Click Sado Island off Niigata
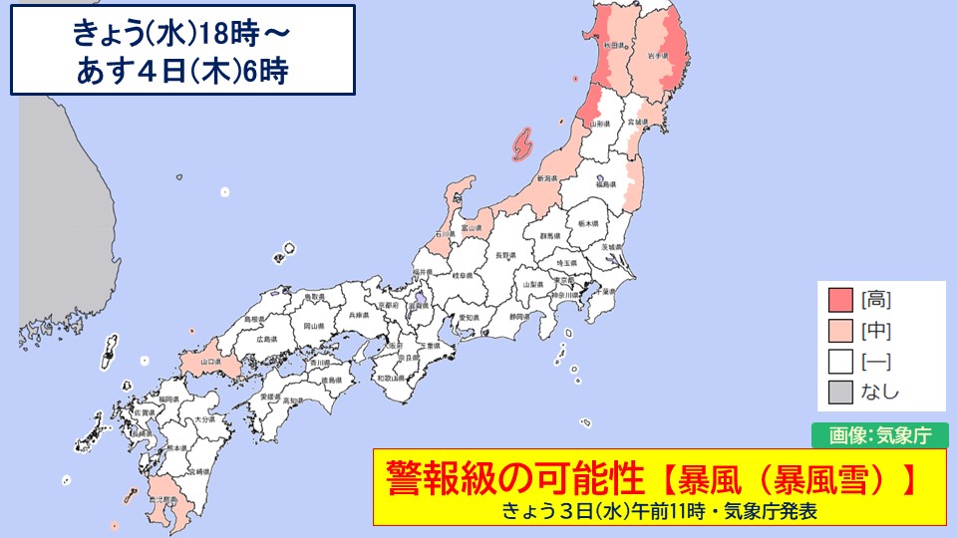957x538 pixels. coord(521,144)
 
